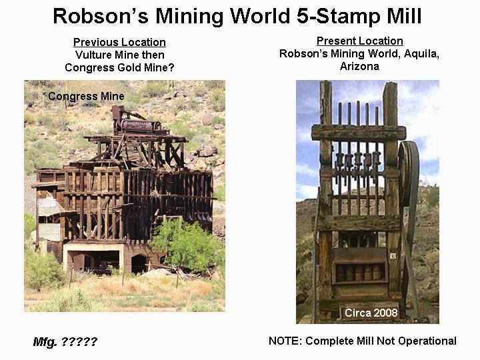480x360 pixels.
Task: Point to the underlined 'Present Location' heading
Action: tap(359, 41)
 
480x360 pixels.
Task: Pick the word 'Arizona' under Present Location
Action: tap(359, 67)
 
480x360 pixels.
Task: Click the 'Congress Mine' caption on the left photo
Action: tap(86, 97)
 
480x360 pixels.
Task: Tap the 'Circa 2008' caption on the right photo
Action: tap(371, 313)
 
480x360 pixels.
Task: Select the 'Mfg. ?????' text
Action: tap(65, 342)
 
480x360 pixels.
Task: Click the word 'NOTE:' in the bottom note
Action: tap(285, 341)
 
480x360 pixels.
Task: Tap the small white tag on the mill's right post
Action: tap(393, 255)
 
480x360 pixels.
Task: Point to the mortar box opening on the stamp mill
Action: tap(360, 271)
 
